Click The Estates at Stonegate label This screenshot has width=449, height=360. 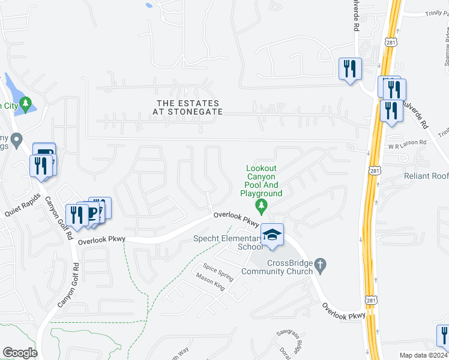click(x=188, y=108)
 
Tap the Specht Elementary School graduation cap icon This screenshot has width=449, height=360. click(x=272, y=235)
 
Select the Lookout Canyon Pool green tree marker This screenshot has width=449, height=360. click(x=261, y=207)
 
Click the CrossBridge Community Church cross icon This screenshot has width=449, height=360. click(x=321, y=265)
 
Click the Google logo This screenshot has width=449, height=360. click(x=20, y=353)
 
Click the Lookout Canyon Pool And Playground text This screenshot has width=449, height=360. click(x=261, y=181)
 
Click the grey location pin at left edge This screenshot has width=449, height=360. click(x=17, y=140)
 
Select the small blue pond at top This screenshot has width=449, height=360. click(x=149, y=5)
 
